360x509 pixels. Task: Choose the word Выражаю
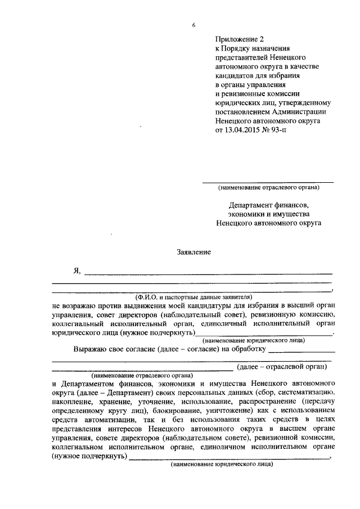coord(93,349)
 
